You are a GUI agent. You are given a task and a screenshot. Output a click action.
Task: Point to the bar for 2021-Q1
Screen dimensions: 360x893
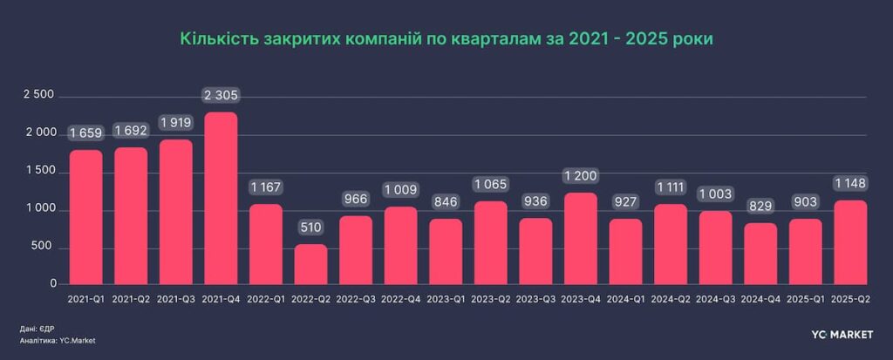tap(85, 217)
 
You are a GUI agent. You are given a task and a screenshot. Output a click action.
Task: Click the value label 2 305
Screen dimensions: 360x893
tap(221, 94)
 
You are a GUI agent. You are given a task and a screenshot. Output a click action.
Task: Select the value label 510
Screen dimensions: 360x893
tap(310, 228)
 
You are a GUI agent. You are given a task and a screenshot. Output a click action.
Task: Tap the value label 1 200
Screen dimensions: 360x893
tap(580, 175)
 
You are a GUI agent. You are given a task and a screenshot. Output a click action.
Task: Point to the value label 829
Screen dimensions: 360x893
tap(760, 206)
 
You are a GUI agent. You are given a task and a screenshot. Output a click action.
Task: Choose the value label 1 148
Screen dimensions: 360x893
tap(850, 183)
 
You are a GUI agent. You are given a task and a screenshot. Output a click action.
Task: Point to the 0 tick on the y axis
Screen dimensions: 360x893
tap(53, 284)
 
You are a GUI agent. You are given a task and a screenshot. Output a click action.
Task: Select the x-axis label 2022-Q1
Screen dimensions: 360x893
tap(265, 298)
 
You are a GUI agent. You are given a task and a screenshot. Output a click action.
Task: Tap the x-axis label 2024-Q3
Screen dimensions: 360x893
tap(715, 298)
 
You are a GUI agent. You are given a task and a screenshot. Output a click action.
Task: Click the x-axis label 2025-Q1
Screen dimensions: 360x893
tap(805, 298)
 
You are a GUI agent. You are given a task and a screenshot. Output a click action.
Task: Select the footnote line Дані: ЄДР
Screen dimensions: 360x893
tap(37, 329)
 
